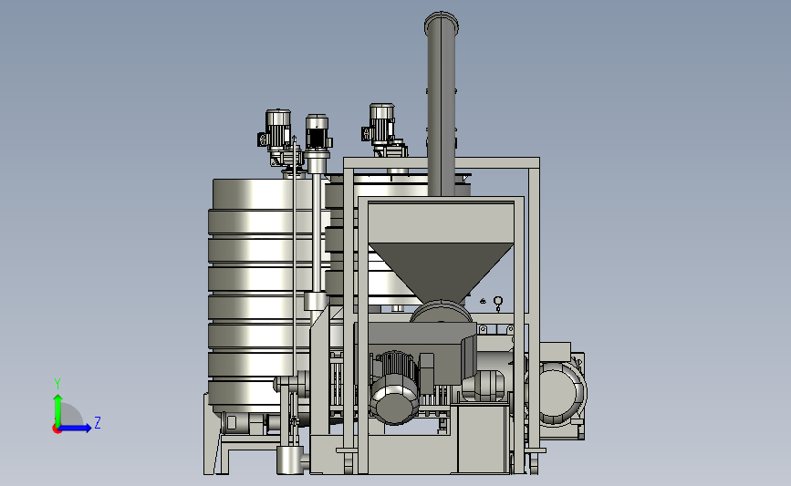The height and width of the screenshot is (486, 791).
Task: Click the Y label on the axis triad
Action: click(x=57, y=384)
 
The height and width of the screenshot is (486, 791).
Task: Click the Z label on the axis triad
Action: click(x=98, y=422)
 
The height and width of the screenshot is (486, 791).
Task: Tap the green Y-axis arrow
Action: click(x=58, y=410)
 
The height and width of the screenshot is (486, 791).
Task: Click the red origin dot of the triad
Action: click(x=57, y=429)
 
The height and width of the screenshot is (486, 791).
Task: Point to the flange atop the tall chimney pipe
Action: click(x=442, y=23)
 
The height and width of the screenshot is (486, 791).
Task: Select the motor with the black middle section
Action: click(x=317, y=134)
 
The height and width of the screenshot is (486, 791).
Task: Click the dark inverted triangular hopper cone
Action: click(x=441, y=270)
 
